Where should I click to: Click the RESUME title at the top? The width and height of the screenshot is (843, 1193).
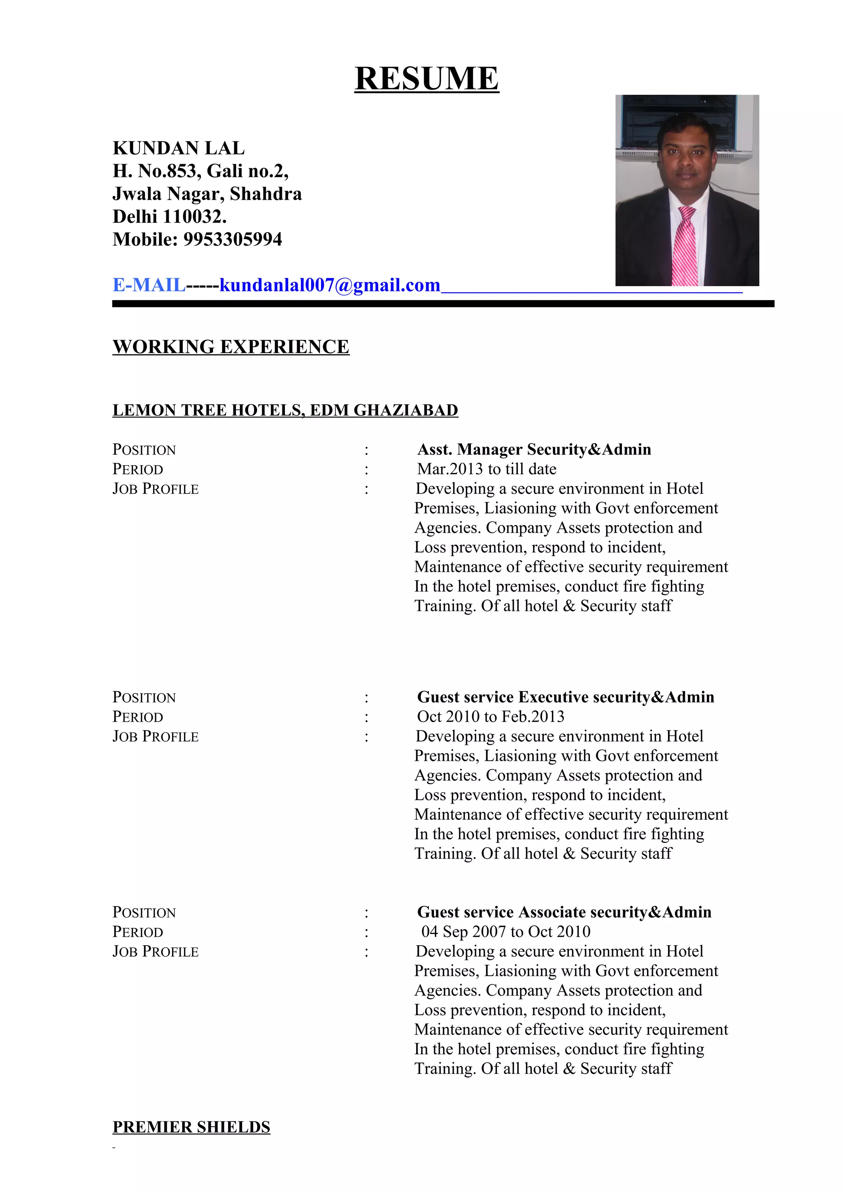pos(426,79)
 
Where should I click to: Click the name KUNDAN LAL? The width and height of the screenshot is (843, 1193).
pos(178,148)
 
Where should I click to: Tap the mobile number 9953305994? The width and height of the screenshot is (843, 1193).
pos(233,240)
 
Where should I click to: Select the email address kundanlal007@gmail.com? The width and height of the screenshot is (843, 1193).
pos(329,285)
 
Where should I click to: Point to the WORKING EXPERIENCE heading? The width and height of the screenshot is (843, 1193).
pos(231,347)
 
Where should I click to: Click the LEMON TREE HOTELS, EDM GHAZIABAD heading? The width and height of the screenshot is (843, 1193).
pos(285,410)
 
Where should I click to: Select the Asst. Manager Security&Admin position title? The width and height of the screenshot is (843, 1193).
pos(534,450)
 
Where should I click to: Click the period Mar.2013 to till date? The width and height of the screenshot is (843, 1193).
pos(487,469)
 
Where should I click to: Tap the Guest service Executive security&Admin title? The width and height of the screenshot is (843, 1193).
pos(566,697)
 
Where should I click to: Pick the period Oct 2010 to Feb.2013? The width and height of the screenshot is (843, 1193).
pos(490,717)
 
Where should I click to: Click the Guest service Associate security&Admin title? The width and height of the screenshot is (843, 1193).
pos(564,912)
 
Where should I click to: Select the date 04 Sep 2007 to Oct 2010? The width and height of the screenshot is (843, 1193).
pos(505,932)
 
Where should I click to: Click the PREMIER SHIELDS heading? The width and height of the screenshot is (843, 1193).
pos(191,1128)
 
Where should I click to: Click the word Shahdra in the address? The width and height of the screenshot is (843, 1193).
pos(265,194)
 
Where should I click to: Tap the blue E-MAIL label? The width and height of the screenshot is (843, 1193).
pos(149,285)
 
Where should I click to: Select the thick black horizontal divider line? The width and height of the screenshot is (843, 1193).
pos(442,304)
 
